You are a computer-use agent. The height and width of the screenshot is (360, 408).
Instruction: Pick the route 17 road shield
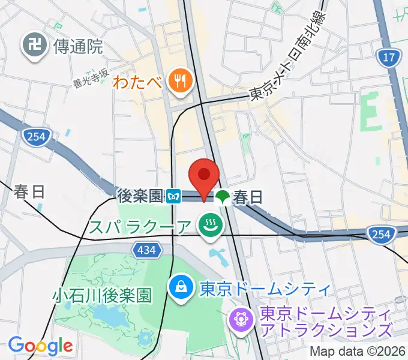[389, 58]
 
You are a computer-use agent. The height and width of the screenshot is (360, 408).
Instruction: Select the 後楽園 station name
[140, 196]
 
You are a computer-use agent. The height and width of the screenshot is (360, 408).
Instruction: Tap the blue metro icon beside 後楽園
[174, 196]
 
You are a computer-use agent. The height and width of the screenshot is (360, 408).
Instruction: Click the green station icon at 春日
[223, 196]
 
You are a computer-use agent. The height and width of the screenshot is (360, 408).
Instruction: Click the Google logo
[40, 346]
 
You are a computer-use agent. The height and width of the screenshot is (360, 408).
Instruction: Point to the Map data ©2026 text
[358, 352]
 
